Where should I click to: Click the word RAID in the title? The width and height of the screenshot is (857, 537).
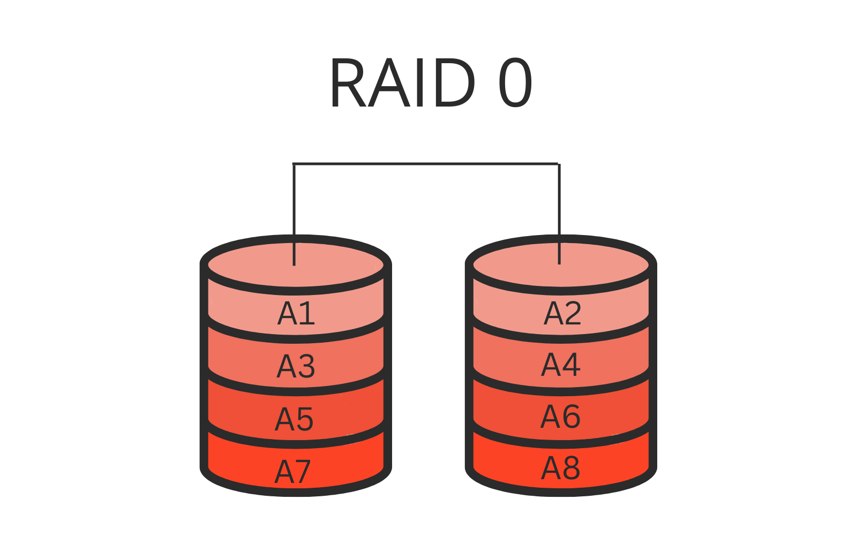coord(402,83)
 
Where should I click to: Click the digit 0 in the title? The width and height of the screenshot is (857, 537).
coord(515,83)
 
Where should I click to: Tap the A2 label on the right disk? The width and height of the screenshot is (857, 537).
coord(562,313)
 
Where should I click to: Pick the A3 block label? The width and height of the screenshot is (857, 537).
coord(296,366)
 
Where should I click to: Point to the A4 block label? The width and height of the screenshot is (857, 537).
coord(560,365)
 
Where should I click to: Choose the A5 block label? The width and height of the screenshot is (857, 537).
coord(294,419)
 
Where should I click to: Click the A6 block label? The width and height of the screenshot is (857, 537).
coord(560,417)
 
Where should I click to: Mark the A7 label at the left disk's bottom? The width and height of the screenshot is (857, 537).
coord(292,472)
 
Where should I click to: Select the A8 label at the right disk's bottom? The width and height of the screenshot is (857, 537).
coord(560,468)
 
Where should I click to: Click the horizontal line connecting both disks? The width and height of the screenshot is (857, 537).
coord(426,163)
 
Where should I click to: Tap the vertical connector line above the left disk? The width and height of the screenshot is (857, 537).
coord(294,203)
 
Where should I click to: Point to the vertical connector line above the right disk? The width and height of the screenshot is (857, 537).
coord(559,203)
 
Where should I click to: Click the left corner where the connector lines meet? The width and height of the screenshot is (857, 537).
coord(294,163)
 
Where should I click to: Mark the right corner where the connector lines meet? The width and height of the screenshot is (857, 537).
coord(559,163)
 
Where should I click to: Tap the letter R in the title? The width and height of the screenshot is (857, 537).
coord(349,83)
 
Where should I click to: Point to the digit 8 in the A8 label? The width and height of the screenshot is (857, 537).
coord(571,468)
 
